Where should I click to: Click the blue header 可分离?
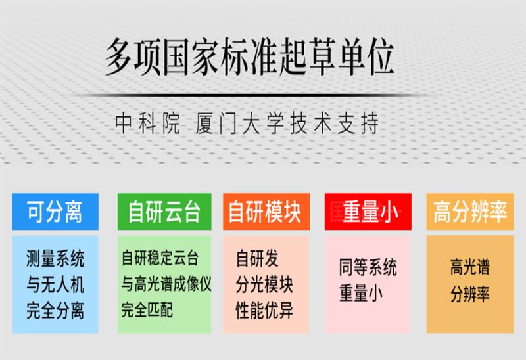(x=55, y=212)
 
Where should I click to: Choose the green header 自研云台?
(x=164, y=212)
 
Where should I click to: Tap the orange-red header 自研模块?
(x=264, y=212)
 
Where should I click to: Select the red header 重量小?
(x=370, y=212)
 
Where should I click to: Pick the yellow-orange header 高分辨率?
(x=469, y=212)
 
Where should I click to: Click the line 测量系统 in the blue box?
(x=55, y=258)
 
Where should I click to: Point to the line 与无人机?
(x=55, y=284)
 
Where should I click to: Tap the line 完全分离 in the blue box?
(x=55, y=309)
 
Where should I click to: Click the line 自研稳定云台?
(x=160, y=258)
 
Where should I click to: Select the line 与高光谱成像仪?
(x=166, y=284)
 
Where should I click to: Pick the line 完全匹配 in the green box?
(x=147, y=309)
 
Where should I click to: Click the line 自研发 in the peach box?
(x=257, y=258)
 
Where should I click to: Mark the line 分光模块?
(x=264, y=284)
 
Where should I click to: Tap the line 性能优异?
(x=264, y=309)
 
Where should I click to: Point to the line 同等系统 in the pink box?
(x=368, y=267)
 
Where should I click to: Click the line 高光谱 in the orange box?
(x=469, y=267)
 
